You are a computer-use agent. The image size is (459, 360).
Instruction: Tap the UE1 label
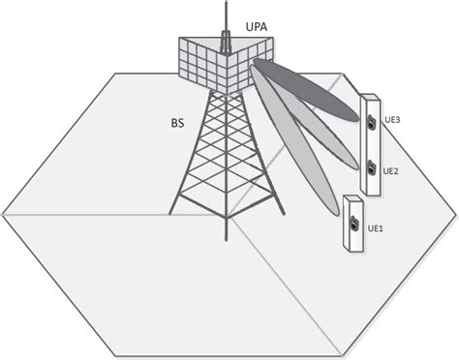(376, 228)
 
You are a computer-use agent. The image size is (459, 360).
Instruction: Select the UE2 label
(391, 170)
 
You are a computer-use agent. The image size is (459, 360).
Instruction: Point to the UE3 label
(392, 119)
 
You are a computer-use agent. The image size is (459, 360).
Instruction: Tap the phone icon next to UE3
(371, 122)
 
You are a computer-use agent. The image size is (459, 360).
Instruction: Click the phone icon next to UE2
(371, 167)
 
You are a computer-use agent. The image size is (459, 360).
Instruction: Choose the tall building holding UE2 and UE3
(370, 145)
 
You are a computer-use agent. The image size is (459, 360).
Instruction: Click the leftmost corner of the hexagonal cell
(3, 212)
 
